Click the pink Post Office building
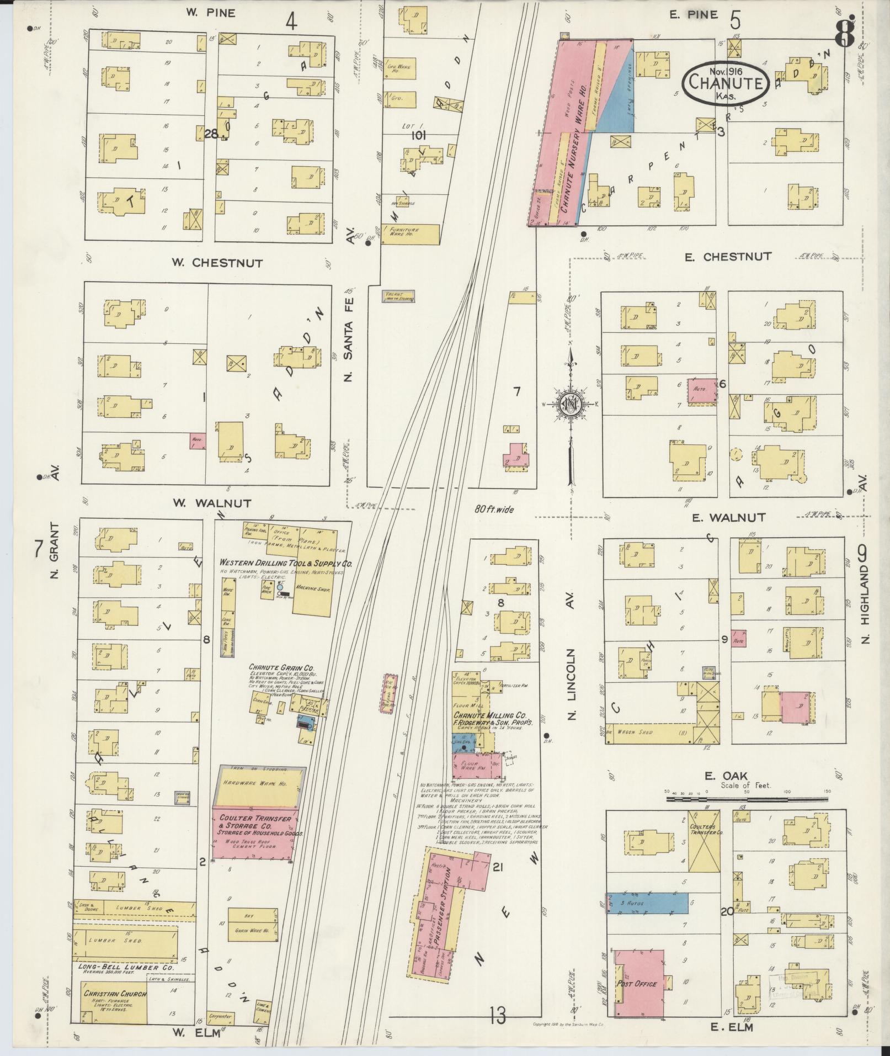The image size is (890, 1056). point(639,983)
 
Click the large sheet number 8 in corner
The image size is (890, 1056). point(844,33)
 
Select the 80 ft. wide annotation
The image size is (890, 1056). point(495,509)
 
